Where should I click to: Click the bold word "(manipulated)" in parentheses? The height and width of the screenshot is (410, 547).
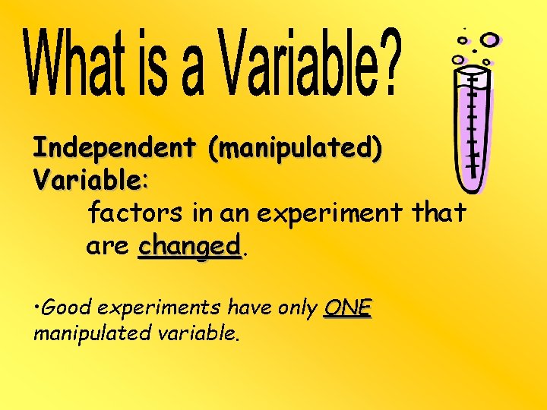(296, 149)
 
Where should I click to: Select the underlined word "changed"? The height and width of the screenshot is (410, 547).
(189, 248)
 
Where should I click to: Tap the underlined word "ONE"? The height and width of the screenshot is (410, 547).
(348, 307)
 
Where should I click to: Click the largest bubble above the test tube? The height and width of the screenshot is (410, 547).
(489, 39)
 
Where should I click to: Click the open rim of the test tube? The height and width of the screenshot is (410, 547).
(472, 70)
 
